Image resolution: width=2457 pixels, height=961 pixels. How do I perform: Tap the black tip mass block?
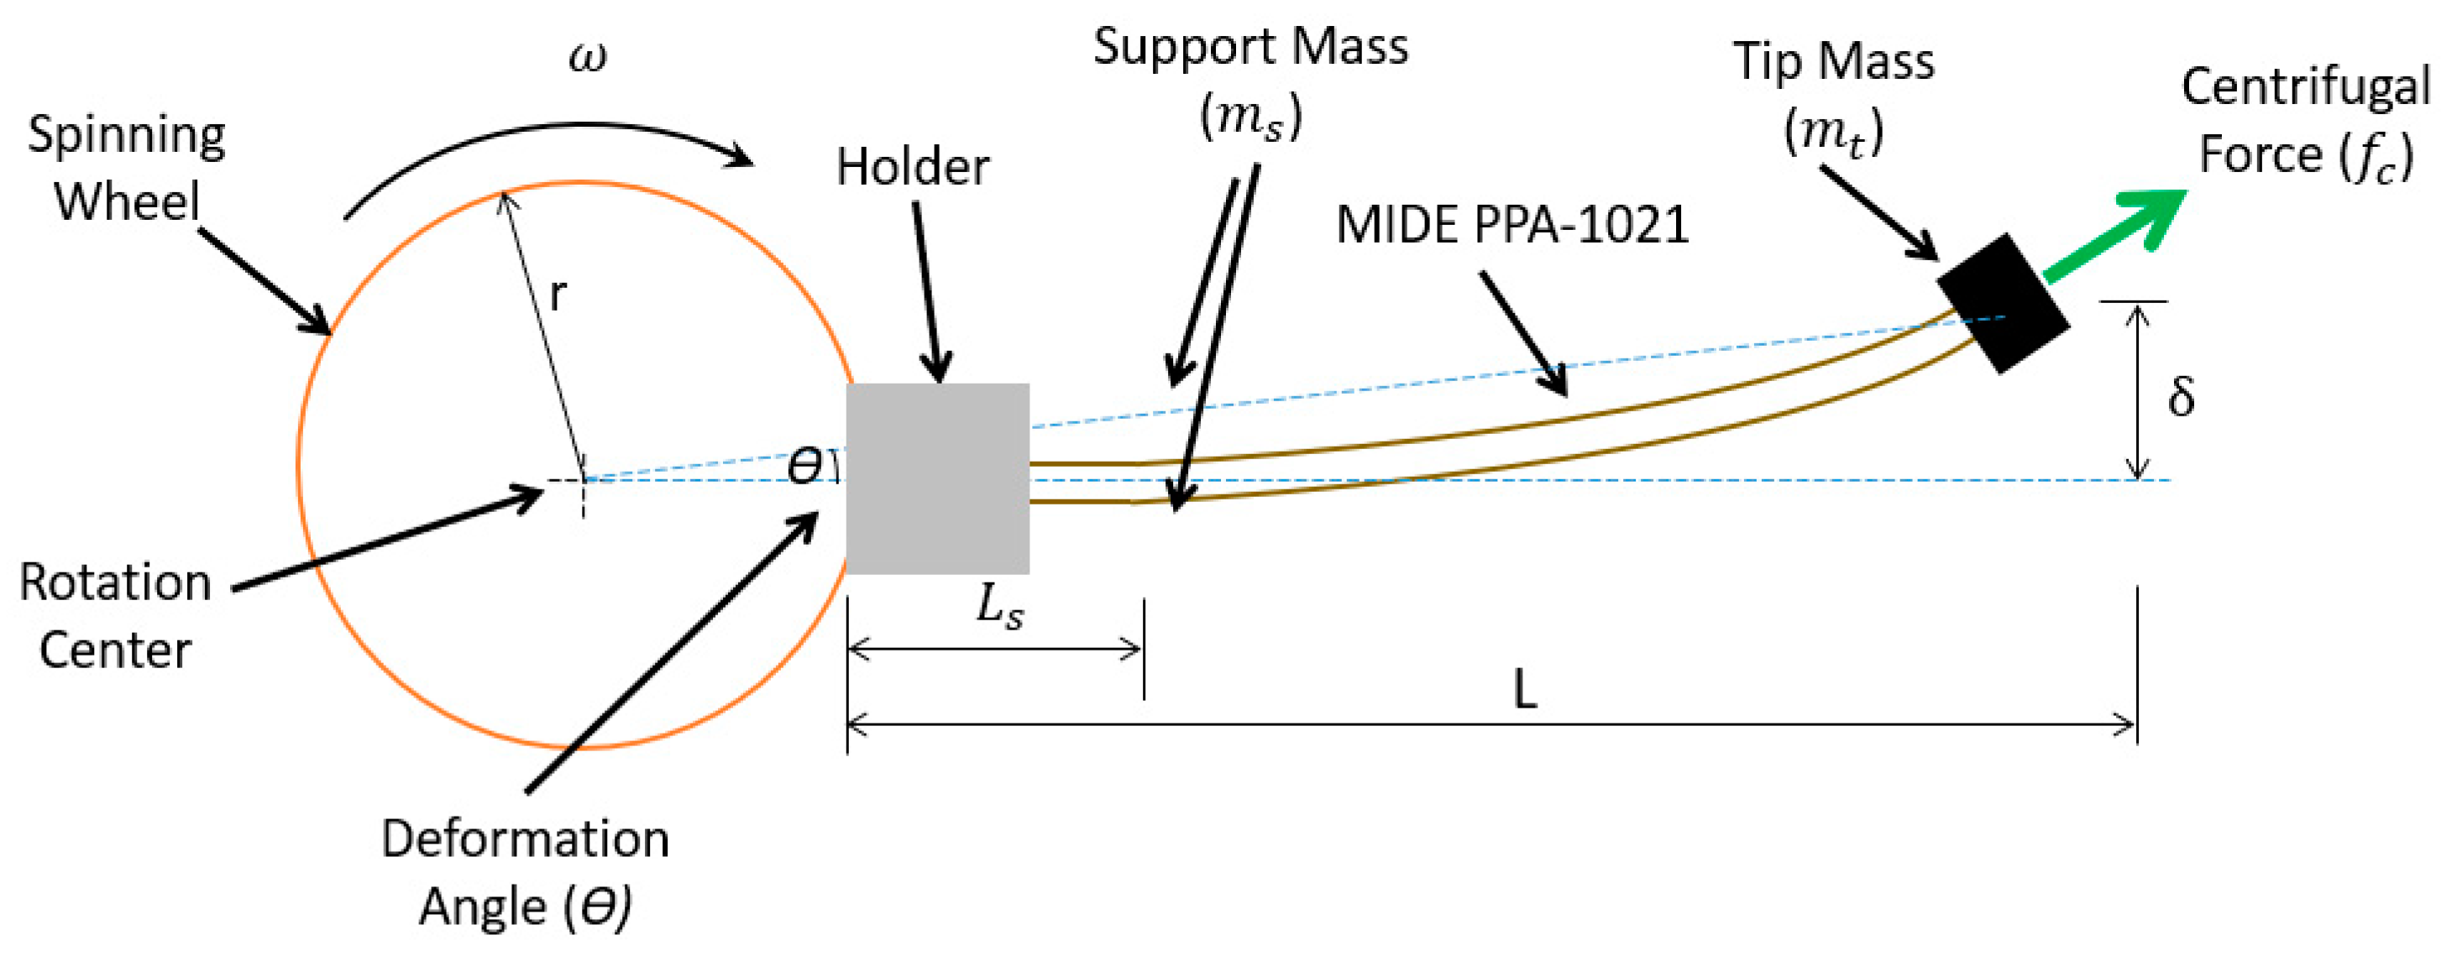tap(2003, 303)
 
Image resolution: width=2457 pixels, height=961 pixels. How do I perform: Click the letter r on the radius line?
tap(558, 295)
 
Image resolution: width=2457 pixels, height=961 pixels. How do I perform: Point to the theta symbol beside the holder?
tap(804, 466)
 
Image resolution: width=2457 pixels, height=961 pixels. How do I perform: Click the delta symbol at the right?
tap(2181, 395)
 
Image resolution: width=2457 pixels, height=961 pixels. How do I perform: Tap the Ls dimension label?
tap(998, 608)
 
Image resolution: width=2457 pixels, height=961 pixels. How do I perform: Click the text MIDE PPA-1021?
tap(1511, 226)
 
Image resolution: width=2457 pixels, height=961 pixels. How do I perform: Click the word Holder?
tap(913, 168)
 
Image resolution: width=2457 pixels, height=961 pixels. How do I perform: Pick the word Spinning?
tap(126, 135)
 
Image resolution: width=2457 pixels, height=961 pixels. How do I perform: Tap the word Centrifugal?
tap(2305, 88)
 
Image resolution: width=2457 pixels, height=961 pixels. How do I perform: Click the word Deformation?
tap(525, 839)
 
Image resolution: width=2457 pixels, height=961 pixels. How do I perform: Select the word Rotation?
tap(115, 582)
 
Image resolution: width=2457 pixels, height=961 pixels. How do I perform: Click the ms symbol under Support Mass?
tap(1249, 118)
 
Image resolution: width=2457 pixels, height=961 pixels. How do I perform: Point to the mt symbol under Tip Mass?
tap(1832, 132)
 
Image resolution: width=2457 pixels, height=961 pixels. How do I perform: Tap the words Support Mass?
tap(1249, 48)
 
